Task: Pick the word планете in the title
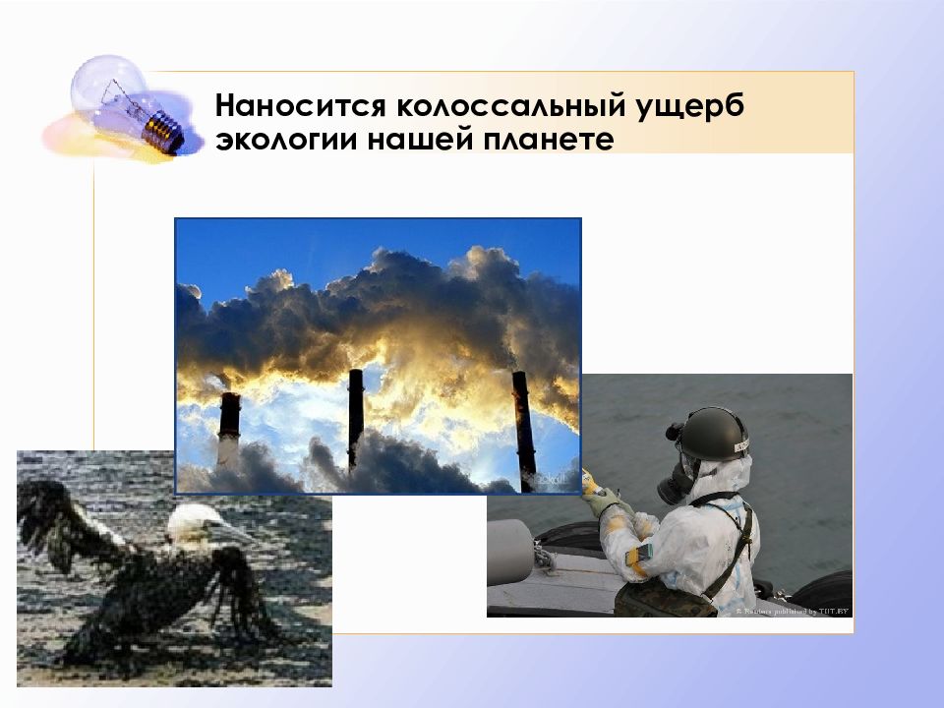coord(548,141)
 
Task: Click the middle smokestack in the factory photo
coord(355,418)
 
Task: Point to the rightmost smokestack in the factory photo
coord(523,428)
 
